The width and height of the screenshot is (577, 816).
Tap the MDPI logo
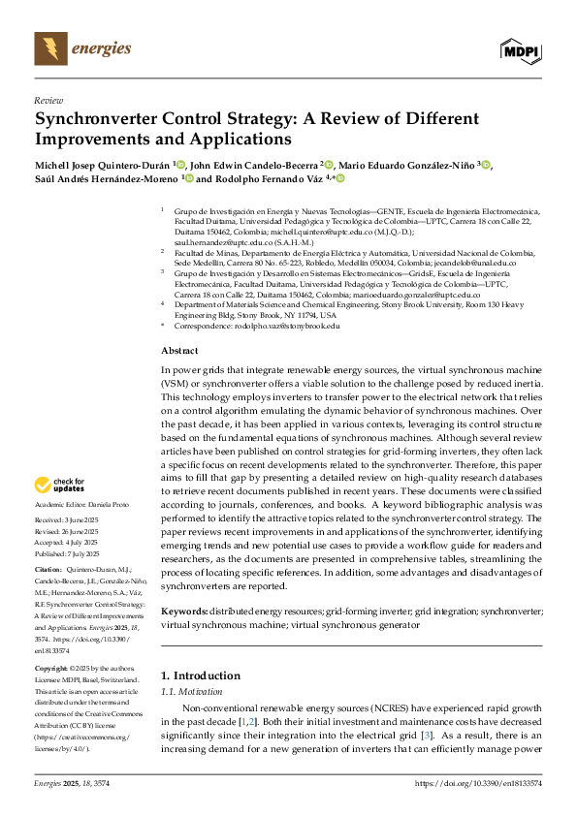point(519,49)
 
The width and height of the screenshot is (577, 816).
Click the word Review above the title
point(48,100)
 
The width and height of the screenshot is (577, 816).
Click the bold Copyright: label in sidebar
point(54,670)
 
